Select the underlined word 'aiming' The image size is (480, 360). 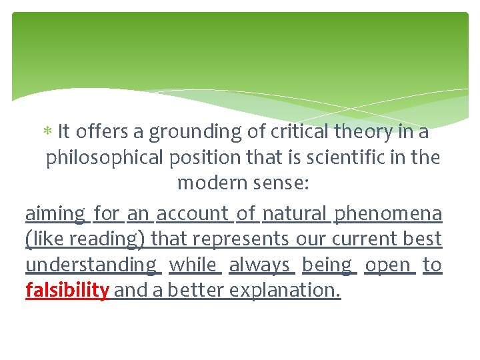pos(55,214)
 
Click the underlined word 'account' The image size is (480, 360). pos(193,213)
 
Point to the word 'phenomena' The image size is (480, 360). pos(387,214)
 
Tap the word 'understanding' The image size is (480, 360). pos(91,265)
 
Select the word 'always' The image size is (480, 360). pos(259,265)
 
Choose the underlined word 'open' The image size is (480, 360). pos(388,265)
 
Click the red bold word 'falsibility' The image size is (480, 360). pos(67,291)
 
